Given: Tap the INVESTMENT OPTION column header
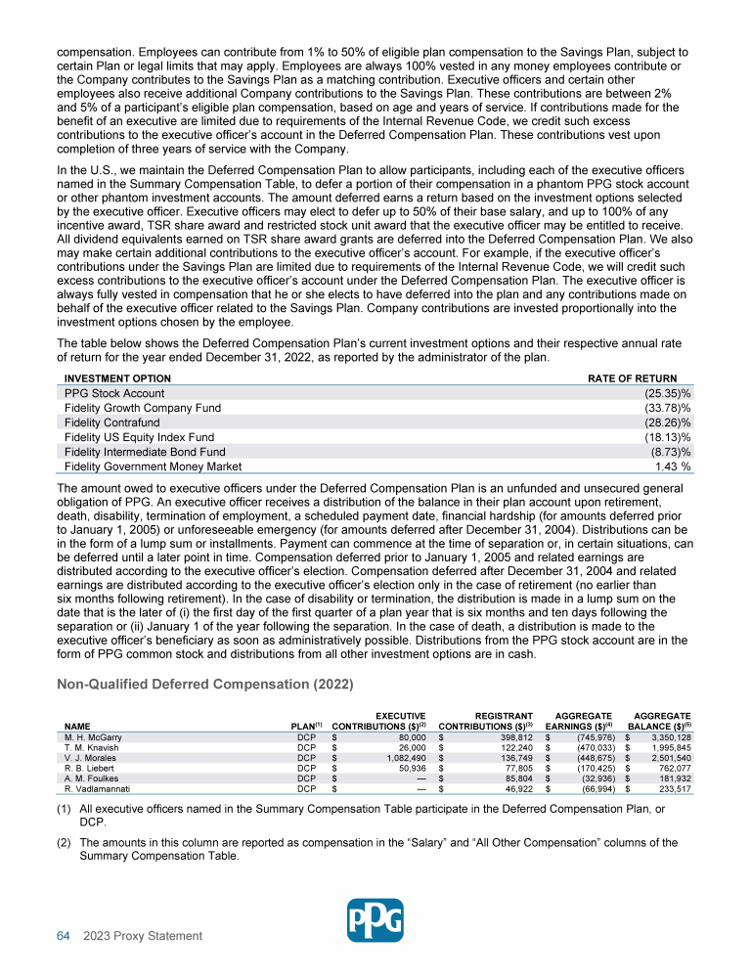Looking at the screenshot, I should click(x=117, y=378).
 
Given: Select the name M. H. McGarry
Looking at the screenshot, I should click(x=93, y=736).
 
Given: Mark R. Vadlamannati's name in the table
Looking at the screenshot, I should click(x=100, y=787).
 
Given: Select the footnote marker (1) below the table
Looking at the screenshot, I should click(x=65, y=809).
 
